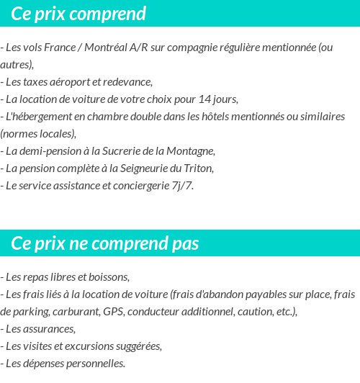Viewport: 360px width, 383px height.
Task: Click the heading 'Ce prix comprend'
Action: coord(78,14)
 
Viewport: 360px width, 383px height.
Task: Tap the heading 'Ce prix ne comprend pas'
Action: coord(105,243)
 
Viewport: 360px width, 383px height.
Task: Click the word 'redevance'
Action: coord(128,81)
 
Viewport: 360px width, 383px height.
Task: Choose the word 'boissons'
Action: coord(109,276)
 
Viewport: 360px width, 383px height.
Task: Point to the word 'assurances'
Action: coord(50,328)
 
